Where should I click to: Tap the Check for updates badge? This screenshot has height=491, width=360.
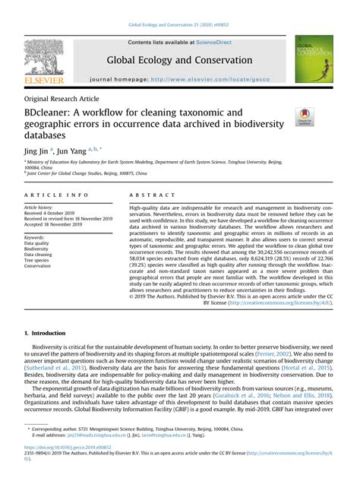(x=304, y=117)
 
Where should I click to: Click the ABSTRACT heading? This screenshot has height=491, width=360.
(x=150, y=195)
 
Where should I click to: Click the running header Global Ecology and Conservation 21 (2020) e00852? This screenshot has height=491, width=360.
(x=179, y=25)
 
